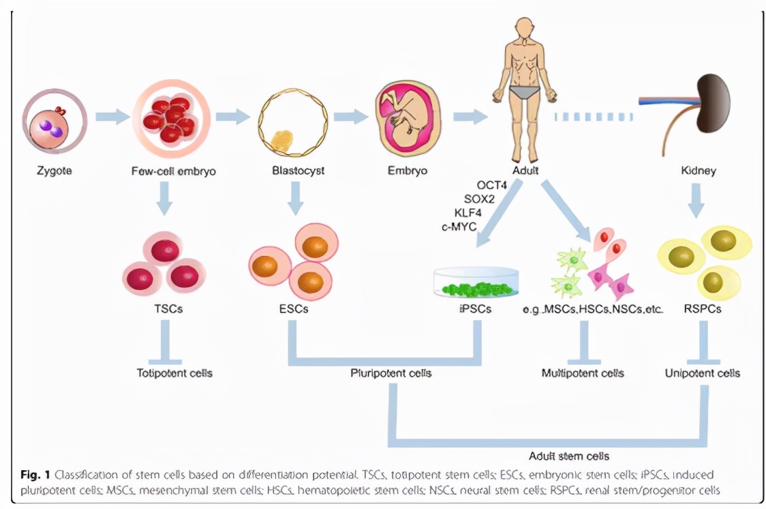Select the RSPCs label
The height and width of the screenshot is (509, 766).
(702, 309)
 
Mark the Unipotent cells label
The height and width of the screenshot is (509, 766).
(702, 373)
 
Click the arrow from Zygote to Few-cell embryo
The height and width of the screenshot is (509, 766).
(112, 117)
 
